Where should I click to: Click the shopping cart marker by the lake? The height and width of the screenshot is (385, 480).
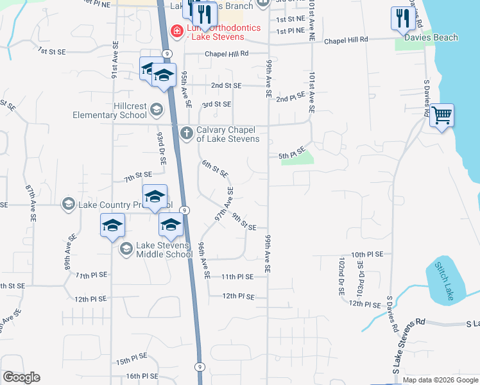(441, 116)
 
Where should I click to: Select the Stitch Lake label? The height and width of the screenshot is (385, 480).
(443, 281)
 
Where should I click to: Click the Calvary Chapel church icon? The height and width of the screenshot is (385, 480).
(186, 133)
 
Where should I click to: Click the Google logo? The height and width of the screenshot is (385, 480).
(21, 377)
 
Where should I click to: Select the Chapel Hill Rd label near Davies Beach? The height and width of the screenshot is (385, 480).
(346, 40)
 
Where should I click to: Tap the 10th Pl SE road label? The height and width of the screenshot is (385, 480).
(367, 254)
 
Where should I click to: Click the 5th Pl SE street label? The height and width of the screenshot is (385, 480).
(291, 155)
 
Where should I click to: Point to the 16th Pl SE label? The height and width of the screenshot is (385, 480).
(142, 376)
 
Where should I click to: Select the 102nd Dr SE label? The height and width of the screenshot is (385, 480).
(341, 277)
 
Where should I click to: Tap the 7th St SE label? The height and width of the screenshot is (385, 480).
(138, 175)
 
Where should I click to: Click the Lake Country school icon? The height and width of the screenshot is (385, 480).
(69, 205)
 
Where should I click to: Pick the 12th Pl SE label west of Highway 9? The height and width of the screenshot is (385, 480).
(90, 299)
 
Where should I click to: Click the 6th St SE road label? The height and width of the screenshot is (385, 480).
(215, 169)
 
